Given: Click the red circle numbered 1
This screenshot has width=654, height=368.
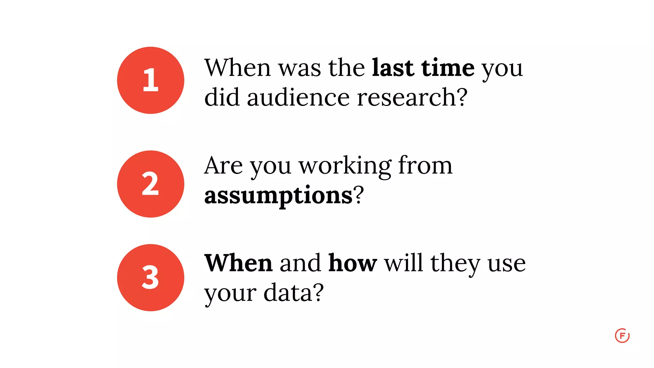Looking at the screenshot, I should (x=150, y=80).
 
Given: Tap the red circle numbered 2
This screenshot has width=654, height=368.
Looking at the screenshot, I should (x=150, y=184).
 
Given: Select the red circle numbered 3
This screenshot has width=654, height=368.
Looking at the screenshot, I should (x=150, y=278).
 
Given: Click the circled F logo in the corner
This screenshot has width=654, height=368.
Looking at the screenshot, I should (x=622, y=336).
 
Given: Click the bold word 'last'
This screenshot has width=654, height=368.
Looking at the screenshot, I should (x=393, y=68).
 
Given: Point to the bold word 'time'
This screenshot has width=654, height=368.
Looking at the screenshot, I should (x=448, y=68).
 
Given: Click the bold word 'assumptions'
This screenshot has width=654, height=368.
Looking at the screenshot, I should (x=278, y=195).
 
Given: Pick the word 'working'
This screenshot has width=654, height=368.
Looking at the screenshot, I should (x=345, y=166).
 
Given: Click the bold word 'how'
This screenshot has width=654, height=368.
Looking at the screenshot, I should (x=353, y=263).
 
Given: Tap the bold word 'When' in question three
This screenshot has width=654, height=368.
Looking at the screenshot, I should (x=238, y=263).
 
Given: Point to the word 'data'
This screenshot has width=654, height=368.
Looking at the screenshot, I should (x=287, y=292).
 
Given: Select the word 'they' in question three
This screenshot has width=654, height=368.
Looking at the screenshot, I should (x=455, y=264).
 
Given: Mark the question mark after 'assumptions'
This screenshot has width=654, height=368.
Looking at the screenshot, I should (x=359, y=195).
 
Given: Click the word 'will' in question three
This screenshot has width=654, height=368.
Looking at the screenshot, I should (x=403, y=263).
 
